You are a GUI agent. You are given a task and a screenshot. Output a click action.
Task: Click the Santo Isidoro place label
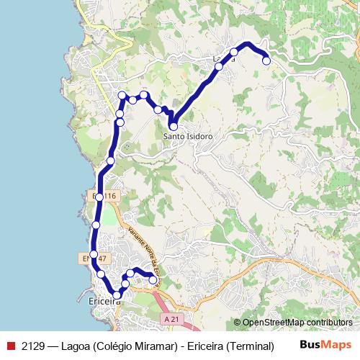click(188, 136)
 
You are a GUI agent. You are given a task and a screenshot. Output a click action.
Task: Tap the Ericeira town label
click(102, 302)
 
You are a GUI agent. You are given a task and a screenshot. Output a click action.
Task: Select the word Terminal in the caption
click(250, 346)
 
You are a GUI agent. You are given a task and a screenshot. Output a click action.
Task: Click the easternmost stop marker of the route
click(266, 61)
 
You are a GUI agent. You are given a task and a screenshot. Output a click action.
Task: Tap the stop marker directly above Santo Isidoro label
click(173, 126)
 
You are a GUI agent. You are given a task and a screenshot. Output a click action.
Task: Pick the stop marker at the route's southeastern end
click(153, 280)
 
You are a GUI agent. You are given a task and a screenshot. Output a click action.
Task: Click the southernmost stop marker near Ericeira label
click(117, 294)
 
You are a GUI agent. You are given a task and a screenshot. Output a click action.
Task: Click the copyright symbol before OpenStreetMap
click(238, 323)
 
